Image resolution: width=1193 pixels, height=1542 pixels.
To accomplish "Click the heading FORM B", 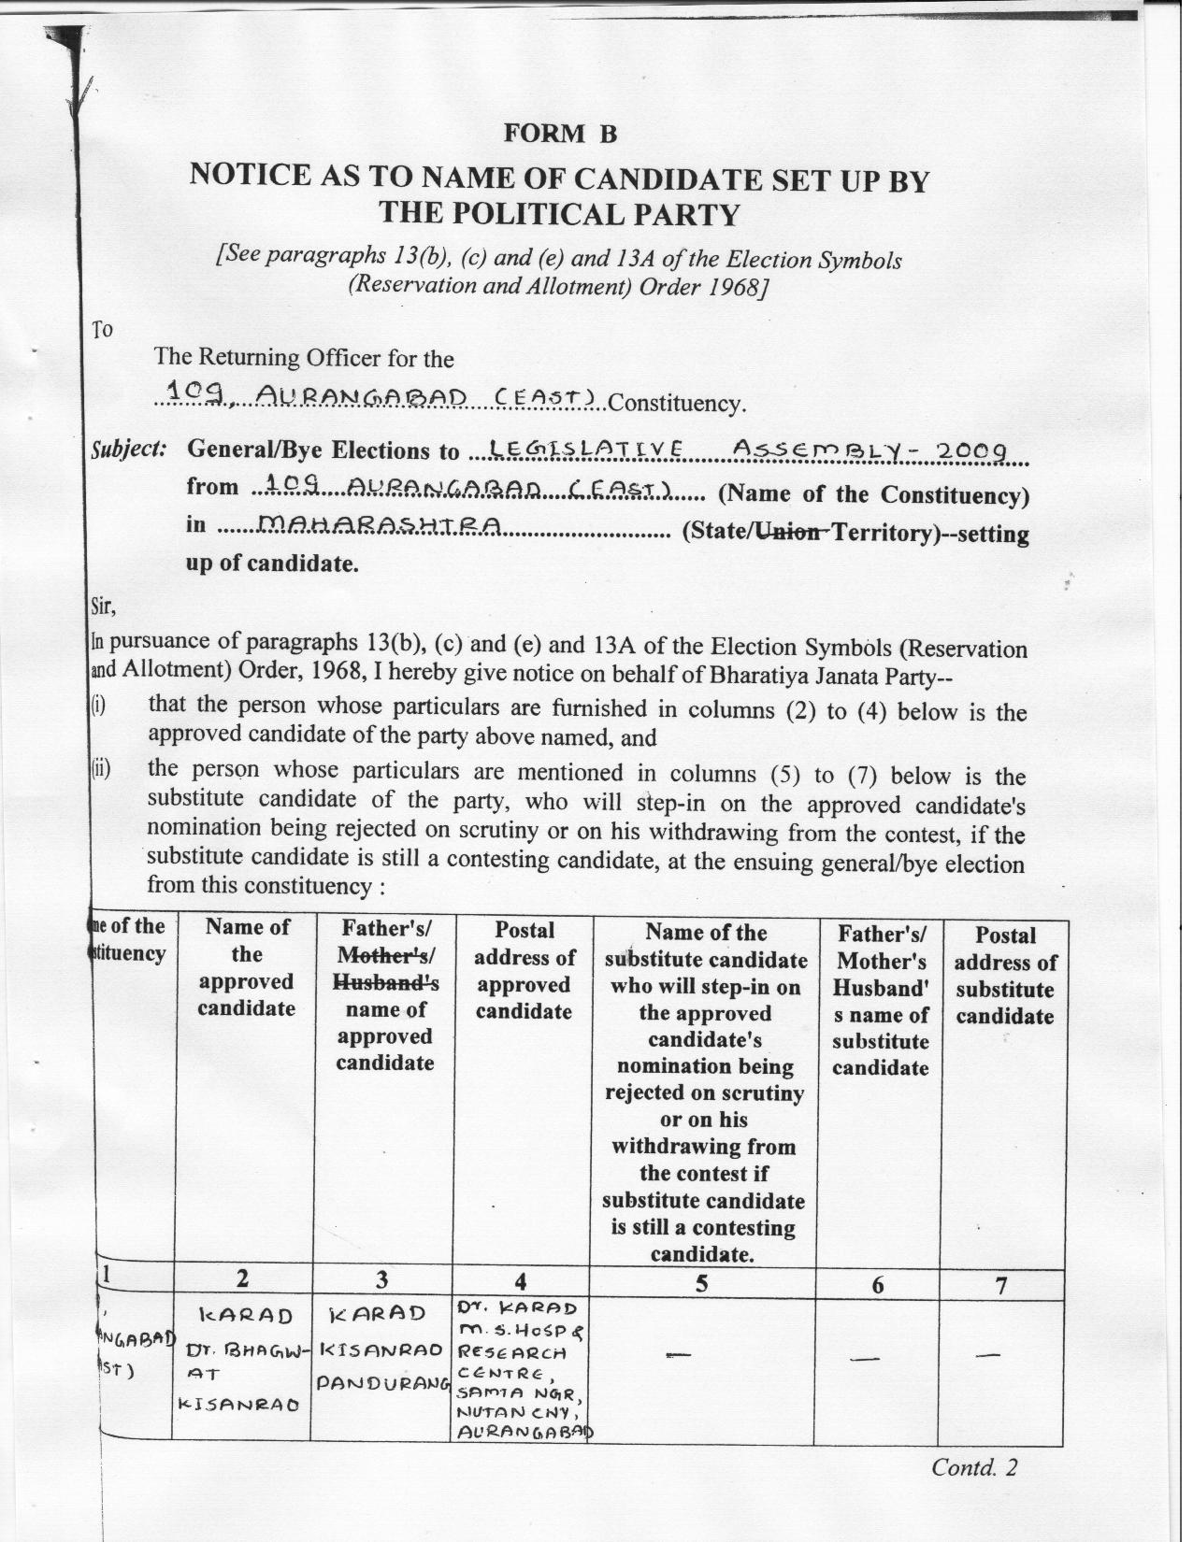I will (561, 134).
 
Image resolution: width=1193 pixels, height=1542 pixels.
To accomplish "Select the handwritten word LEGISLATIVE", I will (582, 450).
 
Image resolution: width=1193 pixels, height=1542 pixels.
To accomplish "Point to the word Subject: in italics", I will (129, 449).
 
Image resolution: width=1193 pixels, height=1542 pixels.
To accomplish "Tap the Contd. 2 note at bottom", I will (973, 1468).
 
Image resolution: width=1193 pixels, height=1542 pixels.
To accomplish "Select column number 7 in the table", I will (1001, 1287).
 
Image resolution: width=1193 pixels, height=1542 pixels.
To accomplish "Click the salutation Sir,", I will (102, 607).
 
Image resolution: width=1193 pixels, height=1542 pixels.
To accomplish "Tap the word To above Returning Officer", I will (101, 330).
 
